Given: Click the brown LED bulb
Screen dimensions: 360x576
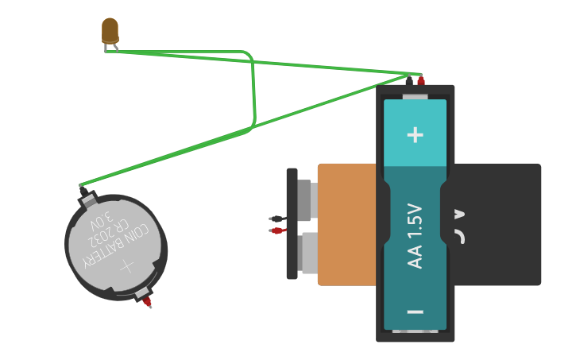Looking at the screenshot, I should coord(110,30).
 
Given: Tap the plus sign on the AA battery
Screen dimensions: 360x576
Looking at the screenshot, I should coord(415,134).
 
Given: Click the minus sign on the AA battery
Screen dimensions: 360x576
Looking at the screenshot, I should coord(415,312).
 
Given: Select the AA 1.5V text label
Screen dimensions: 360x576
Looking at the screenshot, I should coord(416,236).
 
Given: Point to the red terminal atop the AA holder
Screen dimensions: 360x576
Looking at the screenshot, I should coord(421,80).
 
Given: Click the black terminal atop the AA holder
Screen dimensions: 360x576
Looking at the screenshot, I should coord(409,80).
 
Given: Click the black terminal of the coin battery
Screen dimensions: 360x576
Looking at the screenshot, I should coord(83,192).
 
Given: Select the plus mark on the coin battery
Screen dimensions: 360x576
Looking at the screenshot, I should coord(127,266).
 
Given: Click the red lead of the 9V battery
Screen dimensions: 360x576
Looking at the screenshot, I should coord(276,230).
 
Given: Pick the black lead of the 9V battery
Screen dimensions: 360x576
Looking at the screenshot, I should coord(276,219).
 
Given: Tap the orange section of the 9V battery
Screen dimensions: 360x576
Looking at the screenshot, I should coord(346,224).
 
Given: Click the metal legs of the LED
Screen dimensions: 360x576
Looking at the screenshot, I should coord(110,48).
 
